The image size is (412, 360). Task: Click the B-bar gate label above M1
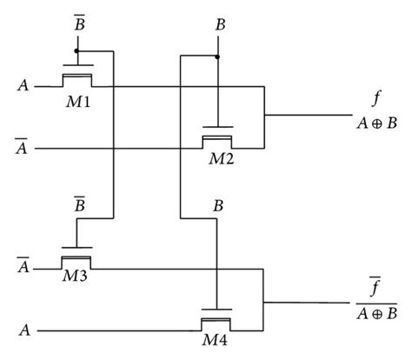click(77, 27)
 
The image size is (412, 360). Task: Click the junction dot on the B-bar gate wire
click(77, 50)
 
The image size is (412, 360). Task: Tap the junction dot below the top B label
click(216, 57)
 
